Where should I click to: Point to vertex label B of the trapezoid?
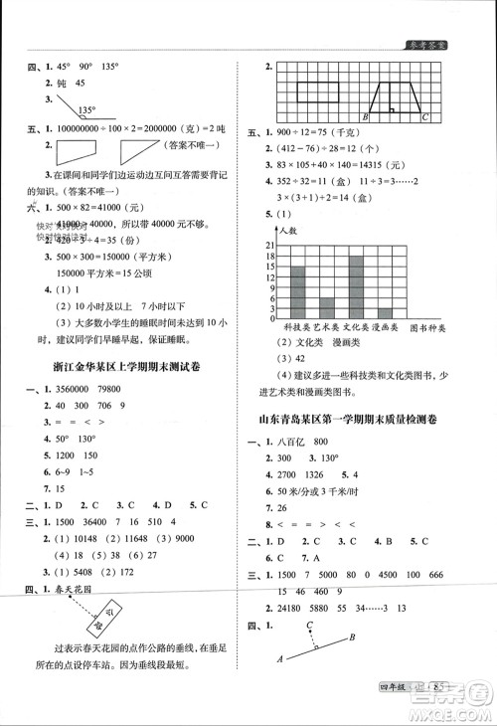(366, 117)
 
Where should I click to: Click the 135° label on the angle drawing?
(87, 109)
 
